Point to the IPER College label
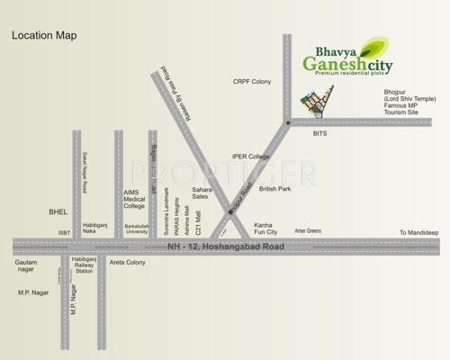[252, 157]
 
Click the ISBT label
[64, 232]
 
